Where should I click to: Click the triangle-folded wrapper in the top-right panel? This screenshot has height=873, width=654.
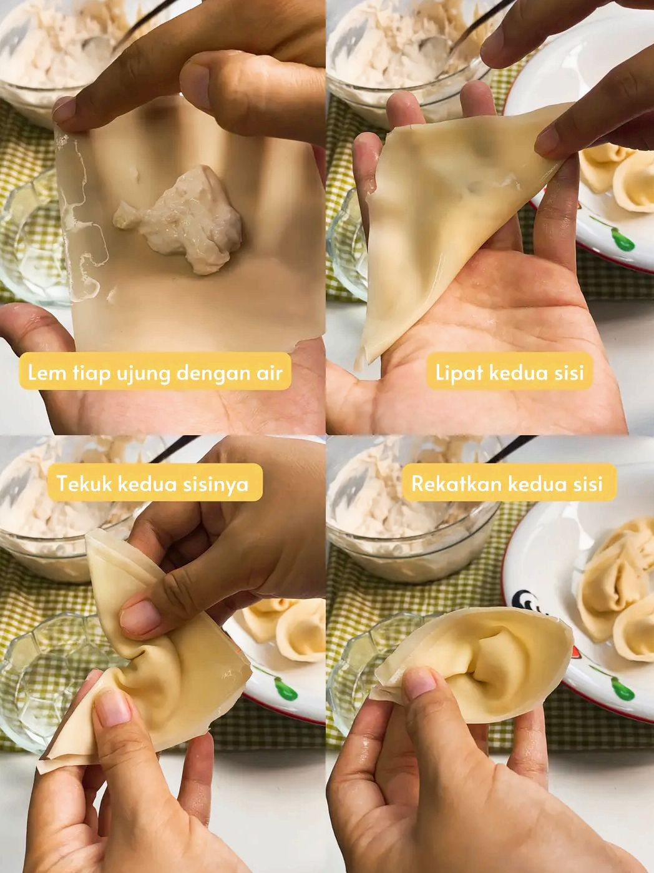click(x=457, y=223)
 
